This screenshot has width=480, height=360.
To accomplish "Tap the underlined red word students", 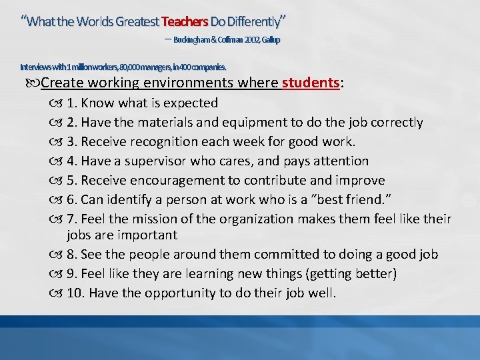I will (311, 83).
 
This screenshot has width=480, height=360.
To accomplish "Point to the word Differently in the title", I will (249, 20).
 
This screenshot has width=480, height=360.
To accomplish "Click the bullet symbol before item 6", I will (57, 200).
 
